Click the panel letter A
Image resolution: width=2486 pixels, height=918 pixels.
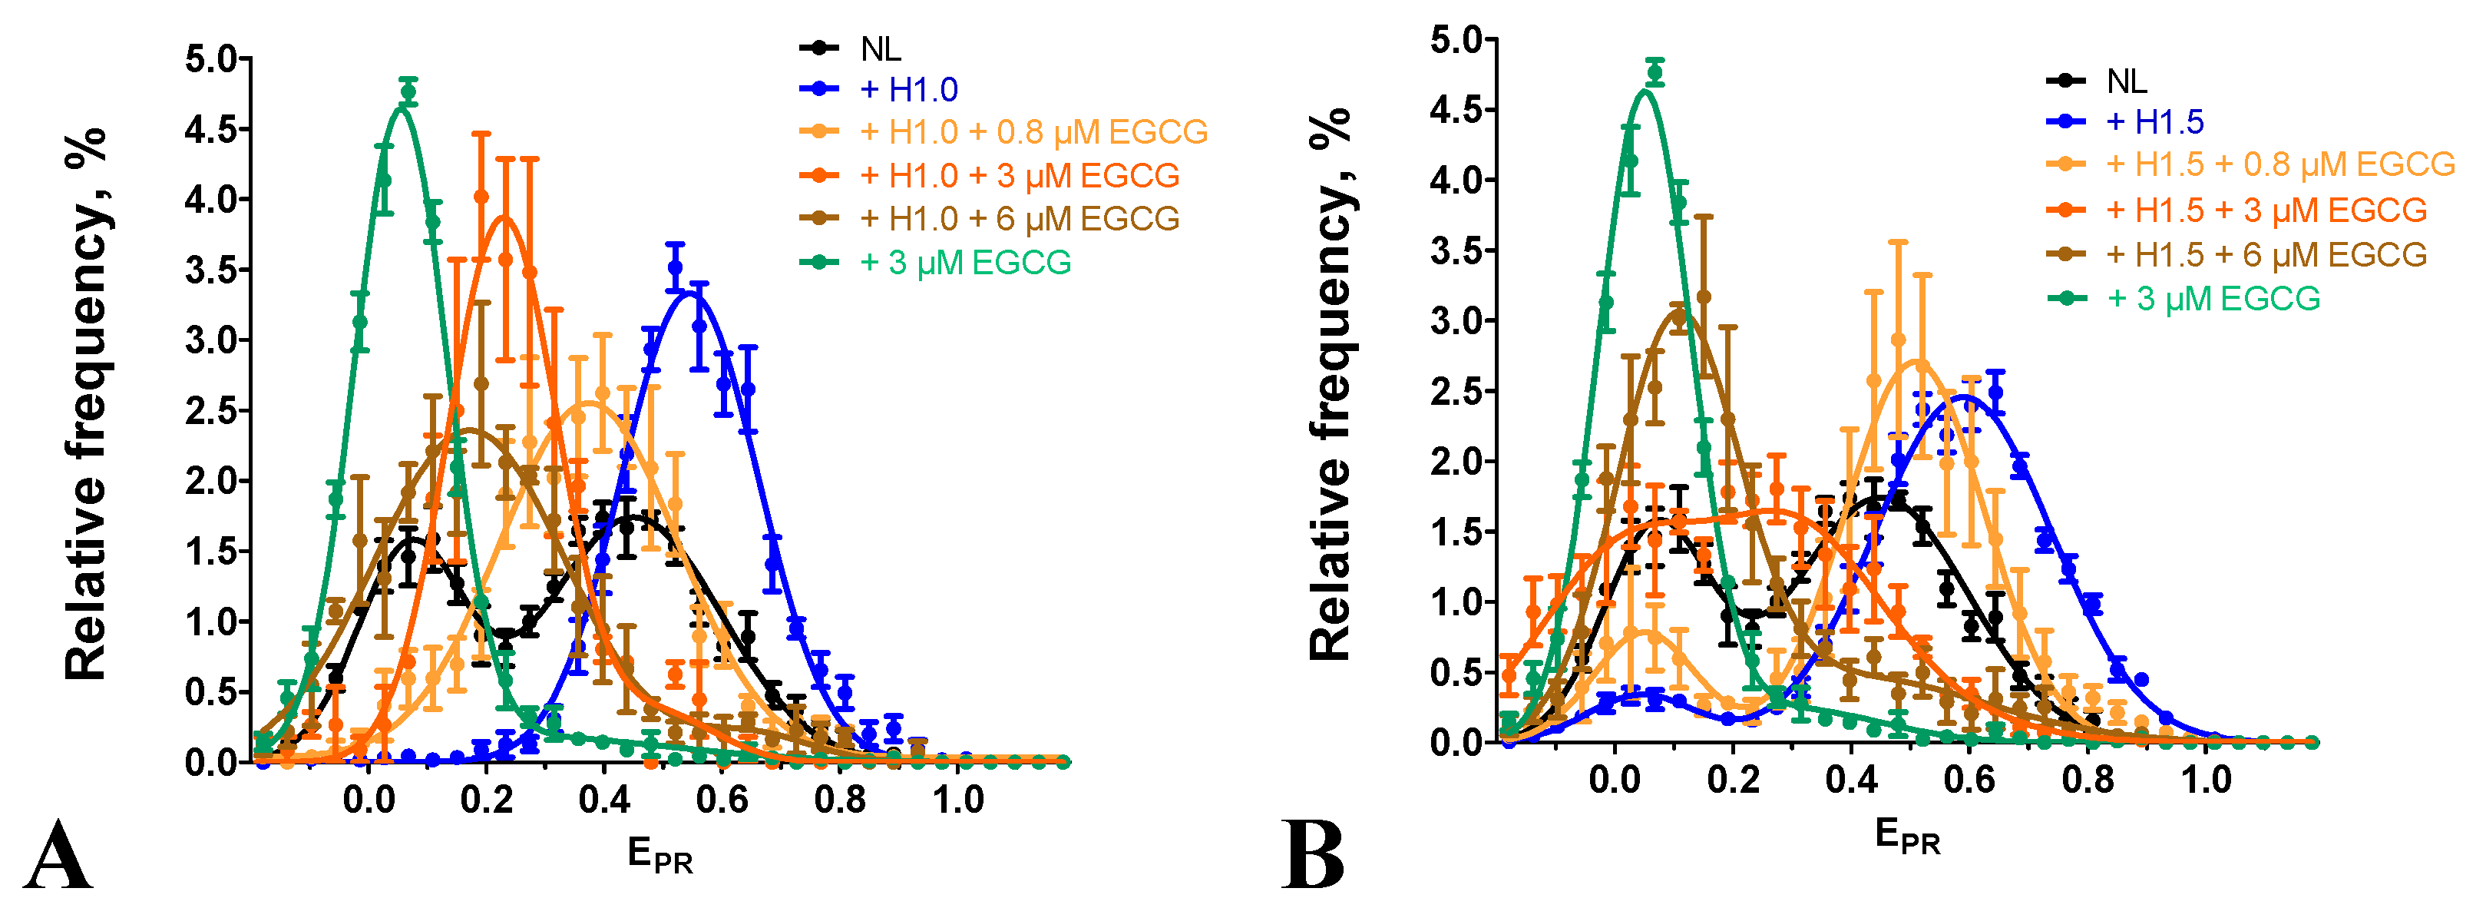(58, 857)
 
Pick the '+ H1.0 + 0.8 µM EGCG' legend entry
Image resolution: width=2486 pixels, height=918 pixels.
(1033, 132)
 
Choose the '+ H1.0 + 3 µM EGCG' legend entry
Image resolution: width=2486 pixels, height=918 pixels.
(1019, 176)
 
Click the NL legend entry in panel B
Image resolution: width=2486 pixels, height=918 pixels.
(2126, 81)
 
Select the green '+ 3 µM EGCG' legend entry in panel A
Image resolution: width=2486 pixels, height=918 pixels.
(965, 263)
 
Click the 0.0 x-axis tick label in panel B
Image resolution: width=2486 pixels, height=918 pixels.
(1614, 780)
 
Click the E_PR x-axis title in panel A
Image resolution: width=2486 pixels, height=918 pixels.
(660, 855)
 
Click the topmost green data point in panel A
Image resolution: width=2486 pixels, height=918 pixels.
(408, 94)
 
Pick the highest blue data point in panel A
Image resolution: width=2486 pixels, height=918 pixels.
(675, 267)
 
